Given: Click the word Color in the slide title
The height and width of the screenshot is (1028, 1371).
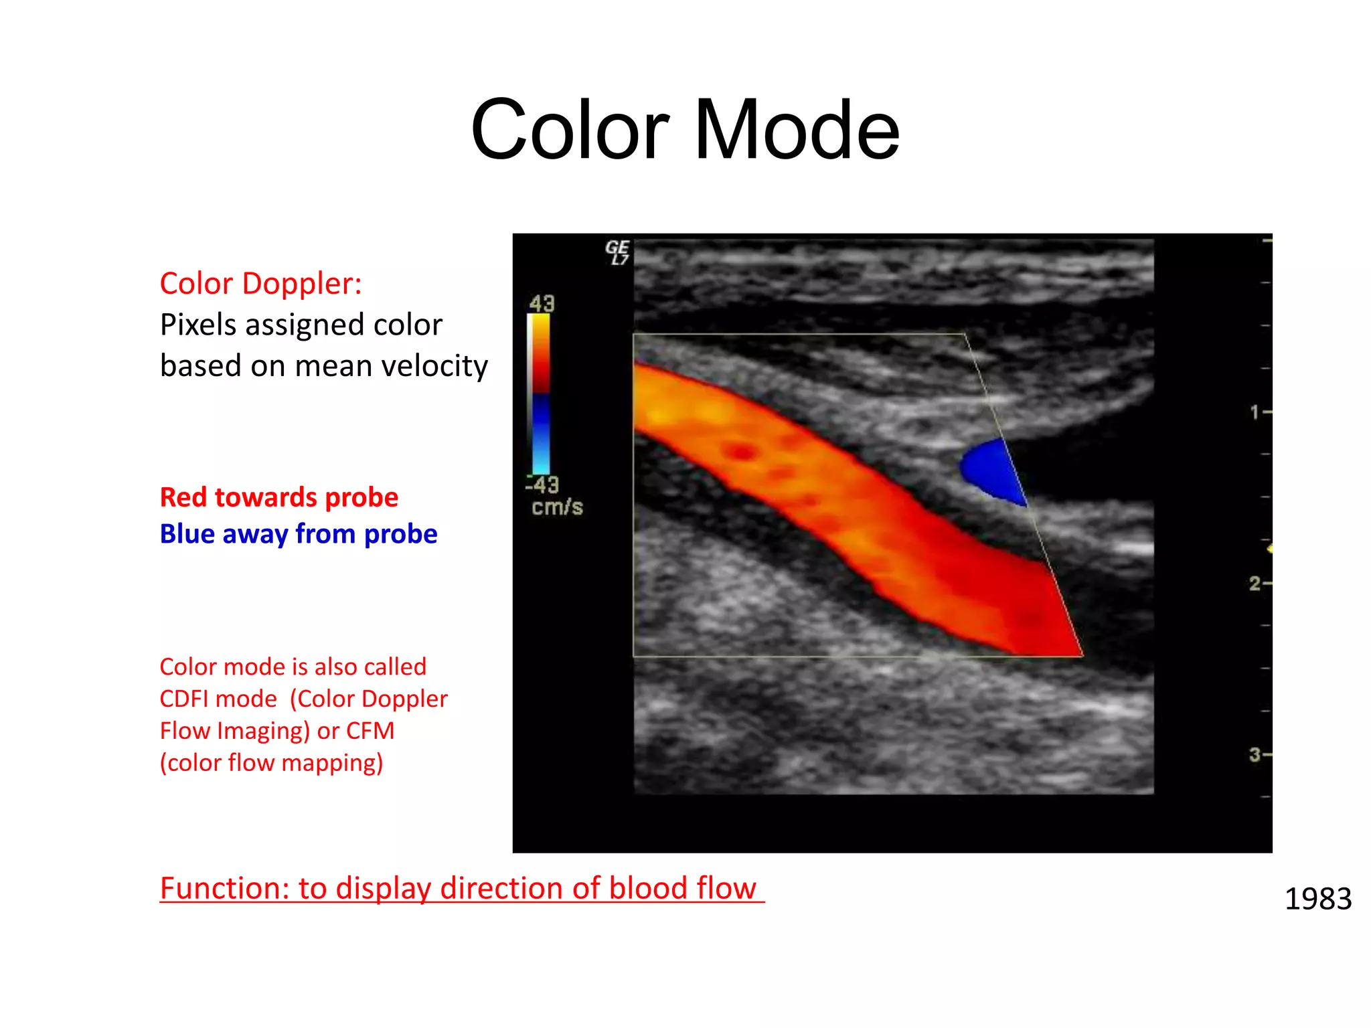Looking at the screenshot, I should coord(570,130).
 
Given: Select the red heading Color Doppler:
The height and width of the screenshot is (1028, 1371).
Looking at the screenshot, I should coord(260,284).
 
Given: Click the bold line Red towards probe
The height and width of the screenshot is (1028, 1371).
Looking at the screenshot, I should coord(278,497).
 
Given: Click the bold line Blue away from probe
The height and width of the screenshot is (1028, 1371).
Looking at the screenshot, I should coord(298,534).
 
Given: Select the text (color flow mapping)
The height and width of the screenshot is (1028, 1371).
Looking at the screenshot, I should coord(271,763).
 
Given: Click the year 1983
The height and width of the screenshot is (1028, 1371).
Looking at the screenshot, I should coord(1317,899).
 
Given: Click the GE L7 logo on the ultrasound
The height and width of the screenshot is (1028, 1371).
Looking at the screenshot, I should coord(617,252).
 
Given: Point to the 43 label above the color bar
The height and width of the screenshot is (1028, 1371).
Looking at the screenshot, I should coord(542,304).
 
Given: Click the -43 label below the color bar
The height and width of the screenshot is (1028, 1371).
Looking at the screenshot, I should coord(542,485).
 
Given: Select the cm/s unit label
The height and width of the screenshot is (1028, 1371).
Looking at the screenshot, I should coord(557,507).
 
